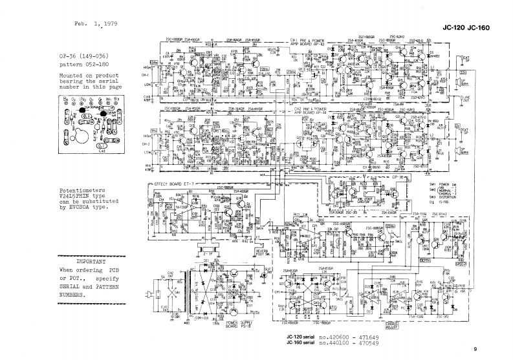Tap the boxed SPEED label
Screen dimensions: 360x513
(x=460, y=264)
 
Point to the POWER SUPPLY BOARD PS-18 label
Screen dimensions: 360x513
(x=239, y=323)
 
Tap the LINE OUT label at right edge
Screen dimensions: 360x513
(x=466, y=98)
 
